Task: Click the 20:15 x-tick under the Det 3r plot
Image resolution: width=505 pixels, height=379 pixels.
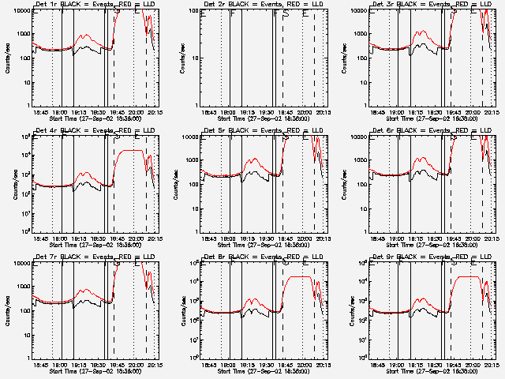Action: tap(491, 114)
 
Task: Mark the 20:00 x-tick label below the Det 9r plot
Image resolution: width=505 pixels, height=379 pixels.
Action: tap(472, 366)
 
